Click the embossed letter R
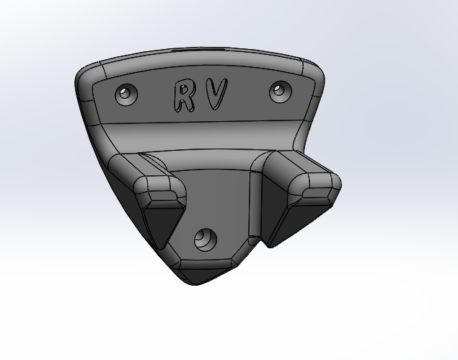(x=183, y=96)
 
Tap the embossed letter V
(x=216, y=92)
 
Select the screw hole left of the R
(x=126, y=95)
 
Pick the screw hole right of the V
(x=281, y=92)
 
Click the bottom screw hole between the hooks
(x=206, y=240)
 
